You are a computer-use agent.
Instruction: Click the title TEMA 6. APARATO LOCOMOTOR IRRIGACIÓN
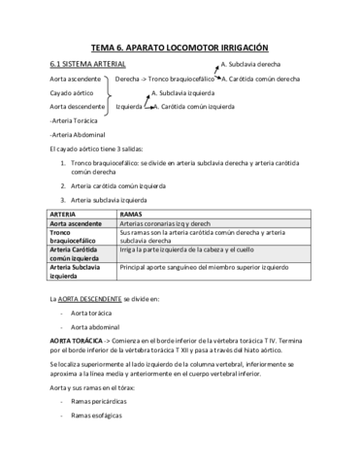179,47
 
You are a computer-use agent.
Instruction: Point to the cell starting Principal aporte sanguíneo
204,265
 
